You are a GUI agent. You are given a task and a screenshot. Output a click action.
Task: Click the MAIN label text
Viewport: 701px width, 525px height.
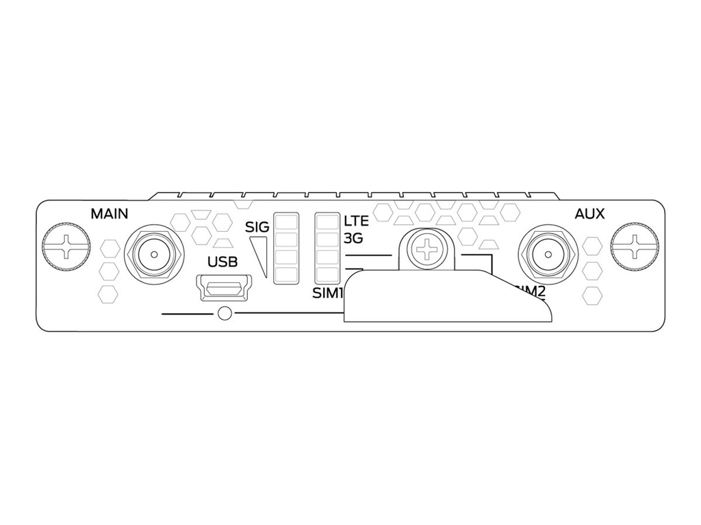110,214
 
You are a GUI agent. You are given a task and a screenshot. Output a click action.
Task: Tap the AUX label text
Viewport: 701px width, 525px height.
589,214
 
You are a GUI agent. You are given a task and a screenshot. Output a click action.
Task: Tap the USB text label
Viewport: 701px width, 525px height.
222,262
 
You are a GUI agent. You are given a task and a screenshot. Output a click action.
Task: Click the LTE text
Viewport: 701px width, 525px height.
356,221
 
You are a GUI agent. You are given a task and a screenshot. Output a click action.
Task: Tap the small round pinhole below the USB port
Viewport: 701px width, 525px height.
222,314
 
